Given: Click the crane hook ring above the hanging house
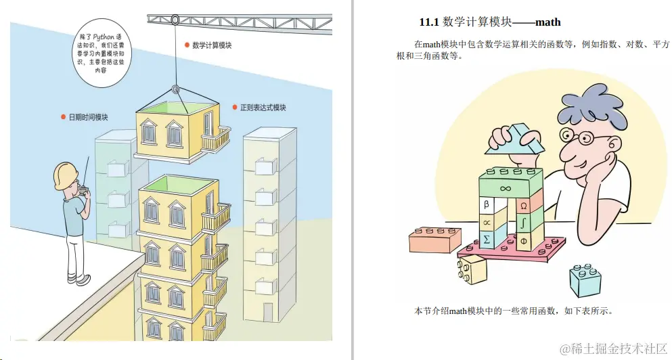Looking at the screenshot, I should coord(175,89).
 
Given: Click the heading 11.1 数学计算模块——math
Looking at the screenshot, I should coord(490,22).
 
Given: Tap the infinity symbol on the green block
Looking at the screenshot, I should coord(505,187).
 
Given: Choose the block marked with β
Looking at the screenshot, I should coord(486,204).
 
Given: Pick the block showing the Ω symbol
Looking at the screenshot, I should coord(524,204).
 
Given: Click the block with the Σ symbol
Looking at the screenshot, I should coord(486,239).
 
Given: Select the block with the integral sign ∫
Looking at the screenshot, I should coord(524,221).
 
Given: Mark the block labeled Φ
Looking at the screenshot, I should coord(524,240).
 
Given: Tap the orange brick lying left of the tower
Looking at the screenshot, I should coord(435,239).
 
